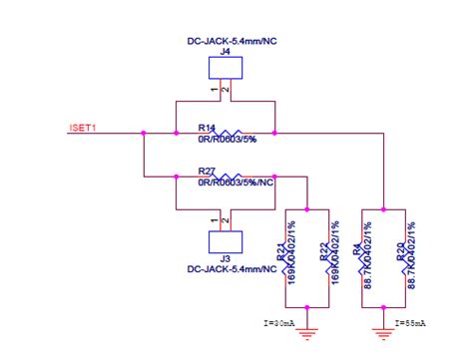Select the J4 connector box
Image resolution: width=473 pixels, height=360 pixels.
[225, 68]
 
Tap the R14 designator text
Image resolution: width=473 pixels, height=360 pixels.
[207, 129]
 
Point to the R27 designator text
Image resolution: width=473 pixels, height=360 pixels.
[207, 172]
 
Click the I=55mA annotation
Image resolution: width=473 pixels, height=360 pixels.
[410, 323]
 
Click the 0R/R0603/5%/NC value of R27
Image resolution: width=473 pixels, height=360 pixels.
[237, 182]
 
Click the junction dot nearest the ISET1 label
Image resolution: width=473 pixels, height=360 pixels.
[146, 132]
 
